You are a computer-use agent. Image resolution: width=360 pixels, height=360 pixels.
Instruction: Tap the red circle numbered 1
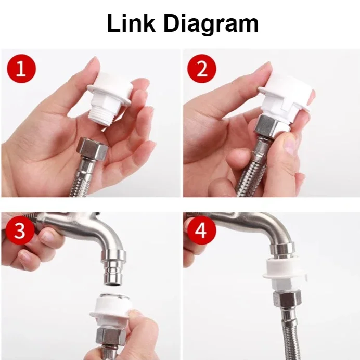click(x=21, y=69)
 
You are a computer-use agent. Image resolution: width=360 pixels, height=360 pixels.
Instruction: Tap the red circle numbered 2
click(x=198, y=69)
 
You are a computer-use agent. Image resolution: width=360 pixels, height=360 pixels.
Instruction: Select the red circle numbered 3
click(x=19, y=231)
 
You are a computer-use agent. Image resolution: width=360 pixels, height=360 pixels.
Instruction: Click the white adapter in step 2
click(x=284, y=101)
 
